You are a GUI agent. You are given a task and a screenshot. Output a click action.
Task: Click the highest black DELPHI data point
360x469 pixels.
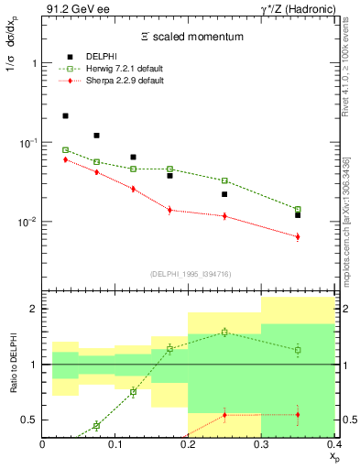point(65,116)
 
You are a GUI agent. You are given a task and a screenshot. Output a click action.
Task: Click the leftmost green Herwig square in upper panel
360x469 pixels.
point(65,150)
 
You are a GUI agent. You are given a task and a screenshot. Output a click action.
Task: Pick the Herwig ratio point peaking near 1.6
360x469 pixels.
point(224,332)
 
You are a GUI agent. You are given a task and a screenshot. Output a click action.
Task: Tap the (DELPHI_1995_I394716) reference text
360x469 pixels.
point(189,273)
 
